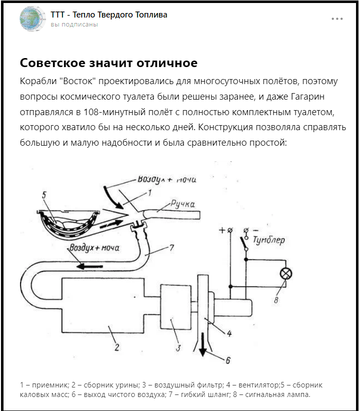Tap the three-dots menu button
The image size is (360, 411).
337,19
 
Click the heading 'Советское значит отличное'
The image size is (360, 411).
109,63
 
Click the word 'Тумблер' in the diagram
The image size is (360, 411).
269,240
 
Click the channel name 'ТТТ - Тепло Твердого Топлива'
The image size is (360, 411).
109,15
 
